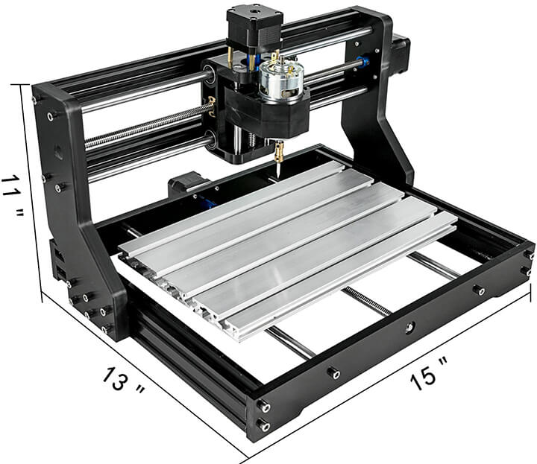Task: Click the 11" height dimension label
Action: pyautogui.click(x=13, y=195)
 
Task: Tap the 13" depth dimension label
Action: pyautogui.click(x=124, y=382)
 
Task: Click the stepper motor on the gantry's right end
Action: pyautogui.click(x=401, y=54)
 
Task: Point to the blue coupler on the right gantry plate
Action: pyautogui.click(x=363, y=62)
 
